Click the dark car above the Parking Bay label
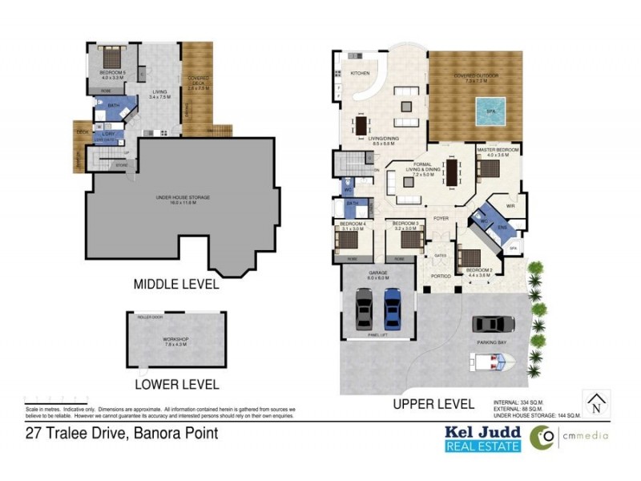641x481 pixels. (x=493, y=324)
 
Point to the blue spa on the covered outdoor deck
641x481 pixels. (x=490, y=111)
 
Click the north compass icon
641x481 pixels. (x=595, y=403)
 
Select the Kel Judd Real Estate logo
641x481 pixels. (x=482, y=439)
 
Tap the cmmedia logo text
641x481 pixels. (x=583, y=436)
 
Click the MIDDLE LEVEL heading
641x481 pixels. (x=175, y=283)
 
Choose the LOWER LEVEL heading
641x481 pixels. (x=177, y=384)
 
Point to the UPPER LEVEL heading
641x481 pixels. (x=433, y=404)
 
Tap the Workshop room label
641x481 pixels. (x=175, y=339)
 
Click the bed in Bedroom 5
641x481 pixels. (x=111, y=60)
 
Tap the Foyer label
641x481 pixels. (x=441, y=217)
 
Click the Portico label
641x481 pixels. (x=440, y=276)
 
